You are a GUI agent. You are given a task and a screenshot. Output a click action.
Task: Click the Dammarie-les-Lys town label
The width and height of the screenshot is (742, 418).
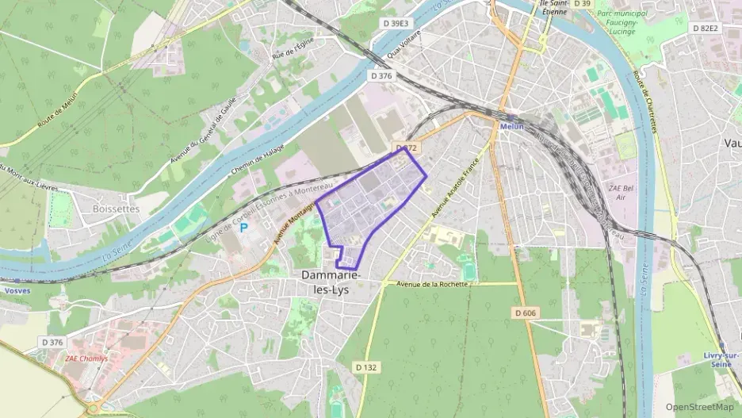pos(331,282)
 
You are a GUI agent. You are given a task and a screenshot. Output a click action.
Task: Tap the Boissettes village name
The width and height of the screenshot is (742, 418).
pos(116,209)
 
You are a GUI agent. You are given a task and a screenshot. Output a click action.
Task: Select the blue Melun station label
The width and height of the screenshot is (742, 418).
pos(512,126)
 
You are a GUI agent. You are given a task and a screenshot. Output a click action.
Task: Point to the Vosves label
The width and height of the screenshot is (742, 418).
pos(17,290)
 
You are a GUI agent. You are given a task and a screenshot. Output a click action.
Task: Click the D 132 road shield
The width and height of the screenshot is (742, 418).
pos(365,367)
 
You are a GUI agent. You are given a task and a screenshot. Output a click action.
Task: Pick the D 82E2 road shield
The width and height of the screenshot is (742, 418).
pos(705,28)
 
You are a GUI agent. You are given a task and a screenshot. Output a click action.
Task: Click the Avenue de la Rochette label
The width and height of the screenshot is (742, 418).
pos(428,283)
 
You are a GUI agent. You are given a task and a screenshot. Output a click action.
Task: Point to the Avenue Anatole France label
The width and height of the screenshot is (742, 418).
pos(457,189)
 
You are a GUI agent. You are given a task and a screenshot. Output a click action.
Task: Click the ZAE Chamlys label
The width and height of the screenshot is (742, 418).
pos(88,357)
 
